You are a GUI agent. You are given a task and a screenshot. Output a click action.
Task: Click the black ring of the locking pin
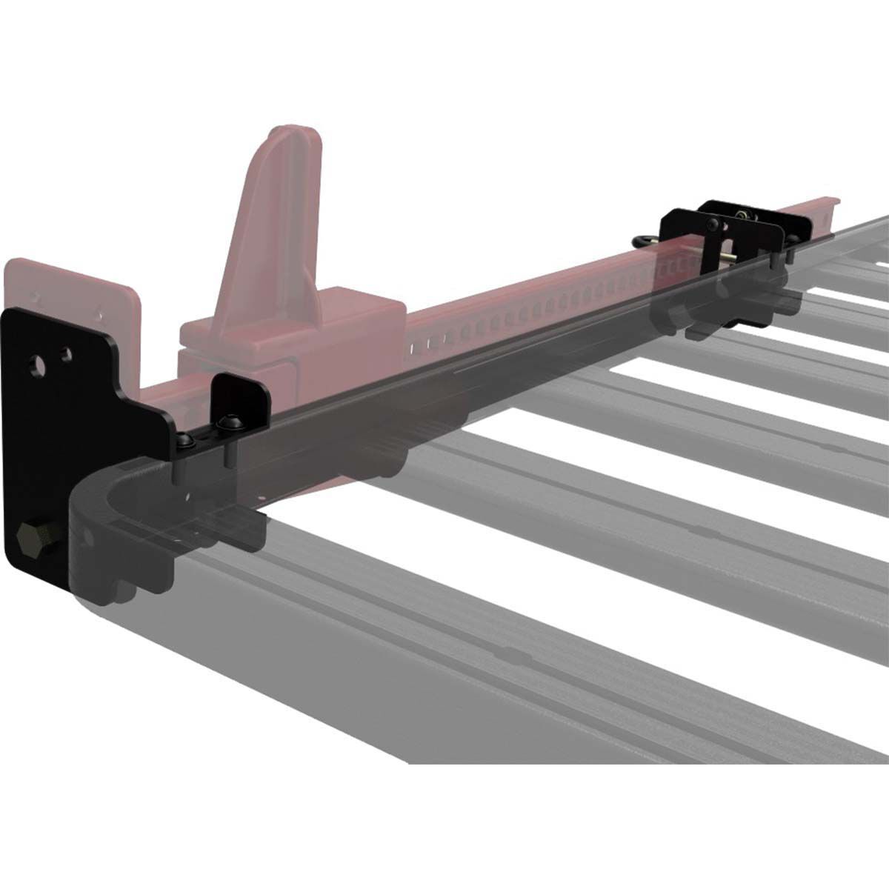tap(644, 240)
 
